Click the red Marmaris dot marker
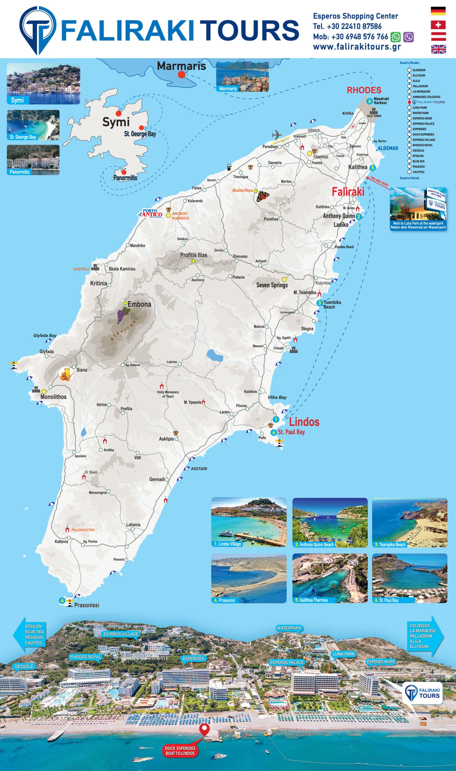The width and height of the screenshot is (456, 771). coord(181,75)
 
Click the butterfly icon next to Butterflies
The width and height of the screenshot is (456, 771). coord(263,196)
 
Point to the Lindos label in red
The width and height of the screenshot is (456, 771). coord(304,422)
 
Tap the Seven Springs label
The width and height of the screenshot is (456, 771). coord(272,285)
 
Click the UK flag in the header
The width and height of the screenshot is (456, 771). coord(438,49)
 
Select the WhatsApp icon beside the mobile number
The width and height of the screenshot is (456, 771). coord(395,37)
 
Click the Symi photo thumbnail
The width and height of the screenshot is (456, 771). coord(43,83)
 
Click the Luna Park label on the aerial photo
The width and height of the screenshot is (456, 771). coord(344,654)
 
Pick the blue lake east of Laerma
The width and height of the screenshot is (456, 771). coord(215,355)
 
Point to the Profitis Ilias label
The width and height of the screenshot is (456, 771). coord(194,255)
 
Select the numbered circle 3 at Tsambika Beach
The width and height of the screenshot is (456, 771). coord(320,303)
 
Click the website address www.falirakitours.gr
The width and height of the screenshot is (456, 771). coord(357,47)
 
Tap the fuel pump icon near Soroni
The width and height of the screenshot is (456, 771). coord(229,167)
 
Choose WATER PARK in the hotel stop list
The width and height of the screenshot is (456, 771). coord(420,113)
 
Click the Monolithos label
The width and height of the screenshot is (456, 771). coord(54,397)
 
